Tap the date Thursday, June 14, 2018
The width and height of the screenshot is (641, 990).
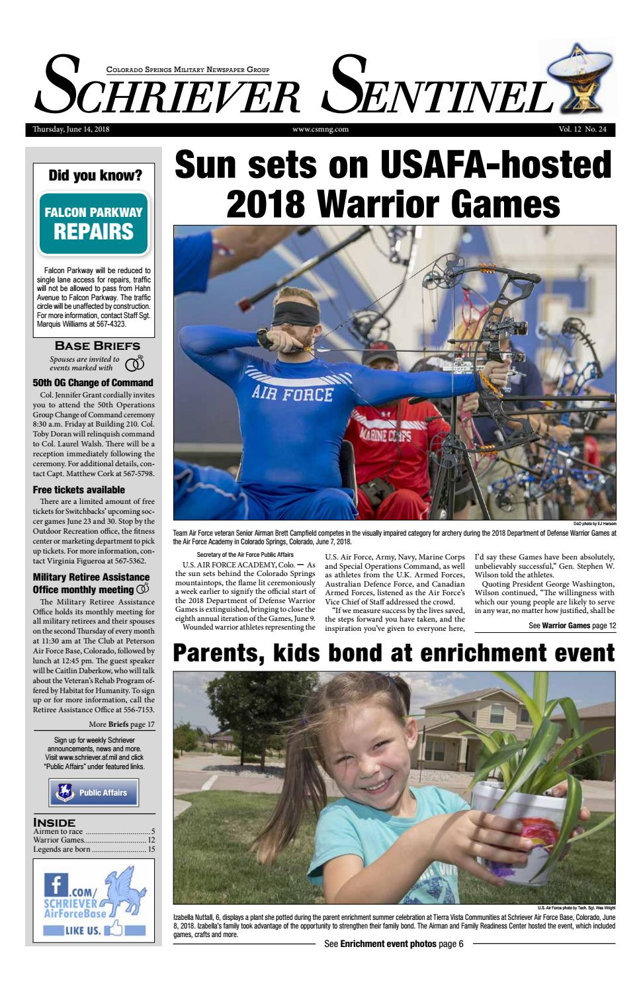pos(65,130)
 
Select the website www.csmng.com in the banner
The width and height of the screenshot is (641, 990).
pos(320,130)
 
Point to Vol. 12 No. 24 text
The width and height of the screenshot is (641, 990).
pos(581,130)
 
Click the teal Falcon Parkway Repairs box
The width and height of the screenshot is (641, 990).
pos(93,224)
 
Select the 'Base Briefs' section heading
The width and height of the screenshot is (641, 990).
pos(97,345)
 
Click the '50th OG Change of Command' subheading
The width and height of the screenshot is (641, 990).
pos(93,383)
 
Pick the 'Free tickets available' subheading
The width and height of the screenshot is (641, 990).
pos(79,490)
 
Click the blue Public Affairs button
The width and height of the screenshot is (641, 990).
pos(93,792)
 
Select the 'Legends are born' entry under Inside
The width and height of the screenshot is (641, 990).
pos(62,849)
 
